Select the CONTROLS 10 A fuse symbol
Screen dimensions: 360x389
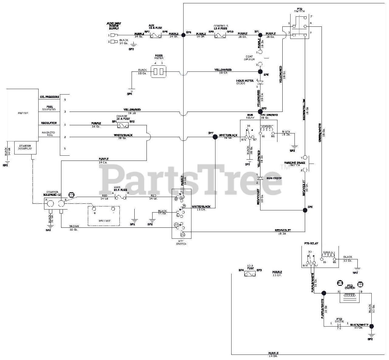pos(220,36)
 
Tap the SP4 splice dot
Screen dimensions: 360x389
pos(184,35)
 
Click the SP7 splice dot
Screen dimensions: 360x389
pos(215,137)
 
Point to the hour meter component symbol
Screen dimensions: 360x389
pos(158,72)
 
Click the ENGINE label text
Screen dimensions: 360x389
pos(23,113)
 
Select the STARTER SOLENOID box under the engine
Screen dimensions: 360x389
pos(25,147)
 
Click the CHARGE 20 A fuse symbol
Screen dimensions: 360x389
pos(123,125)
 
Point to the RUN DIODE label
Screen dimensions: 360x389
pos(274,178)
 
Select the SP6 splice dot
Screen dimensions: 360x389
pos(305,210)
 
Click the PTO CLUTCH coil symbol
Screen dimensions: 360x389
pos(349,295)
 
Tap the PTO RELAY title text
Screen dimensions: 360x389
pos(311,244)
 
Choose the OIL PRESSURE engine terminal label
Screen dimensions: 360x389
pos(49,97)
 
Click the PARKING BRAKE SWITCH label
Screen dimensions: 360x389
pos(292,164)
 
